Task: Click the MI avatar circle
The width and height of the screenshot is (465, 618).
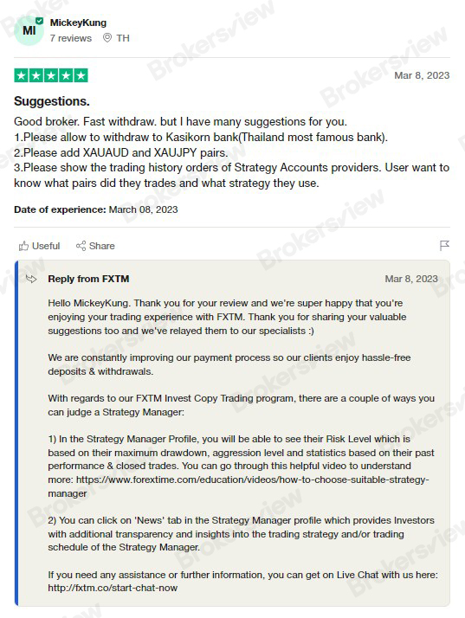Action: [x=29, y=30]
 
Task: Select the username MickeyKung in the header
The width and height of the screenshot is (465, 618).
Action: [x=80, y=22]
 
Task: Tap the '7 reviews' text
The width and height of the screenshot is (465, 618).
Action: [x=70, y=38]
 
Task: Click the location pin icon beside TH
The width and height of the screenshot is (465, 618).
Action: [x=107, y=38]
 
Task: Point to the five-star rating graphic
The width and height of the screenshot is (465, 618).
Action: [x=51, y=75]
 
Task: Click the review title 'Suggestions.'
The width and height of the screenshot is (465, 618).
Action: [x=52, y=101]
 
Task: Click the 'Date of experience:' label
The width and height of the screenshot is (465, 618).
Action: [x=60, y=209]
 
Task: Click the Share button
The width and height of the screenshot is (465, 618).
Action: [x=95, y=246]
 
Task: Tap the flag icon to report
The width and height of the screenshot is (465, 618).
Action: [x=444, y=246]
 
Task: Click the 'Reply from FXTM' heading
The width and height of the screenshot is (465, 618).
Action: [x=88, y=279]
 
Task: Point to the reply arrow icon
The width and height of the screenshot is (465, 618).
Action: [x=31, y=279]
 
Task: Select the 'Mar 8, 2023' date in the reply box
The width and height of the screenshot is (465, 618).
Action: [x=411, y=279]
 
